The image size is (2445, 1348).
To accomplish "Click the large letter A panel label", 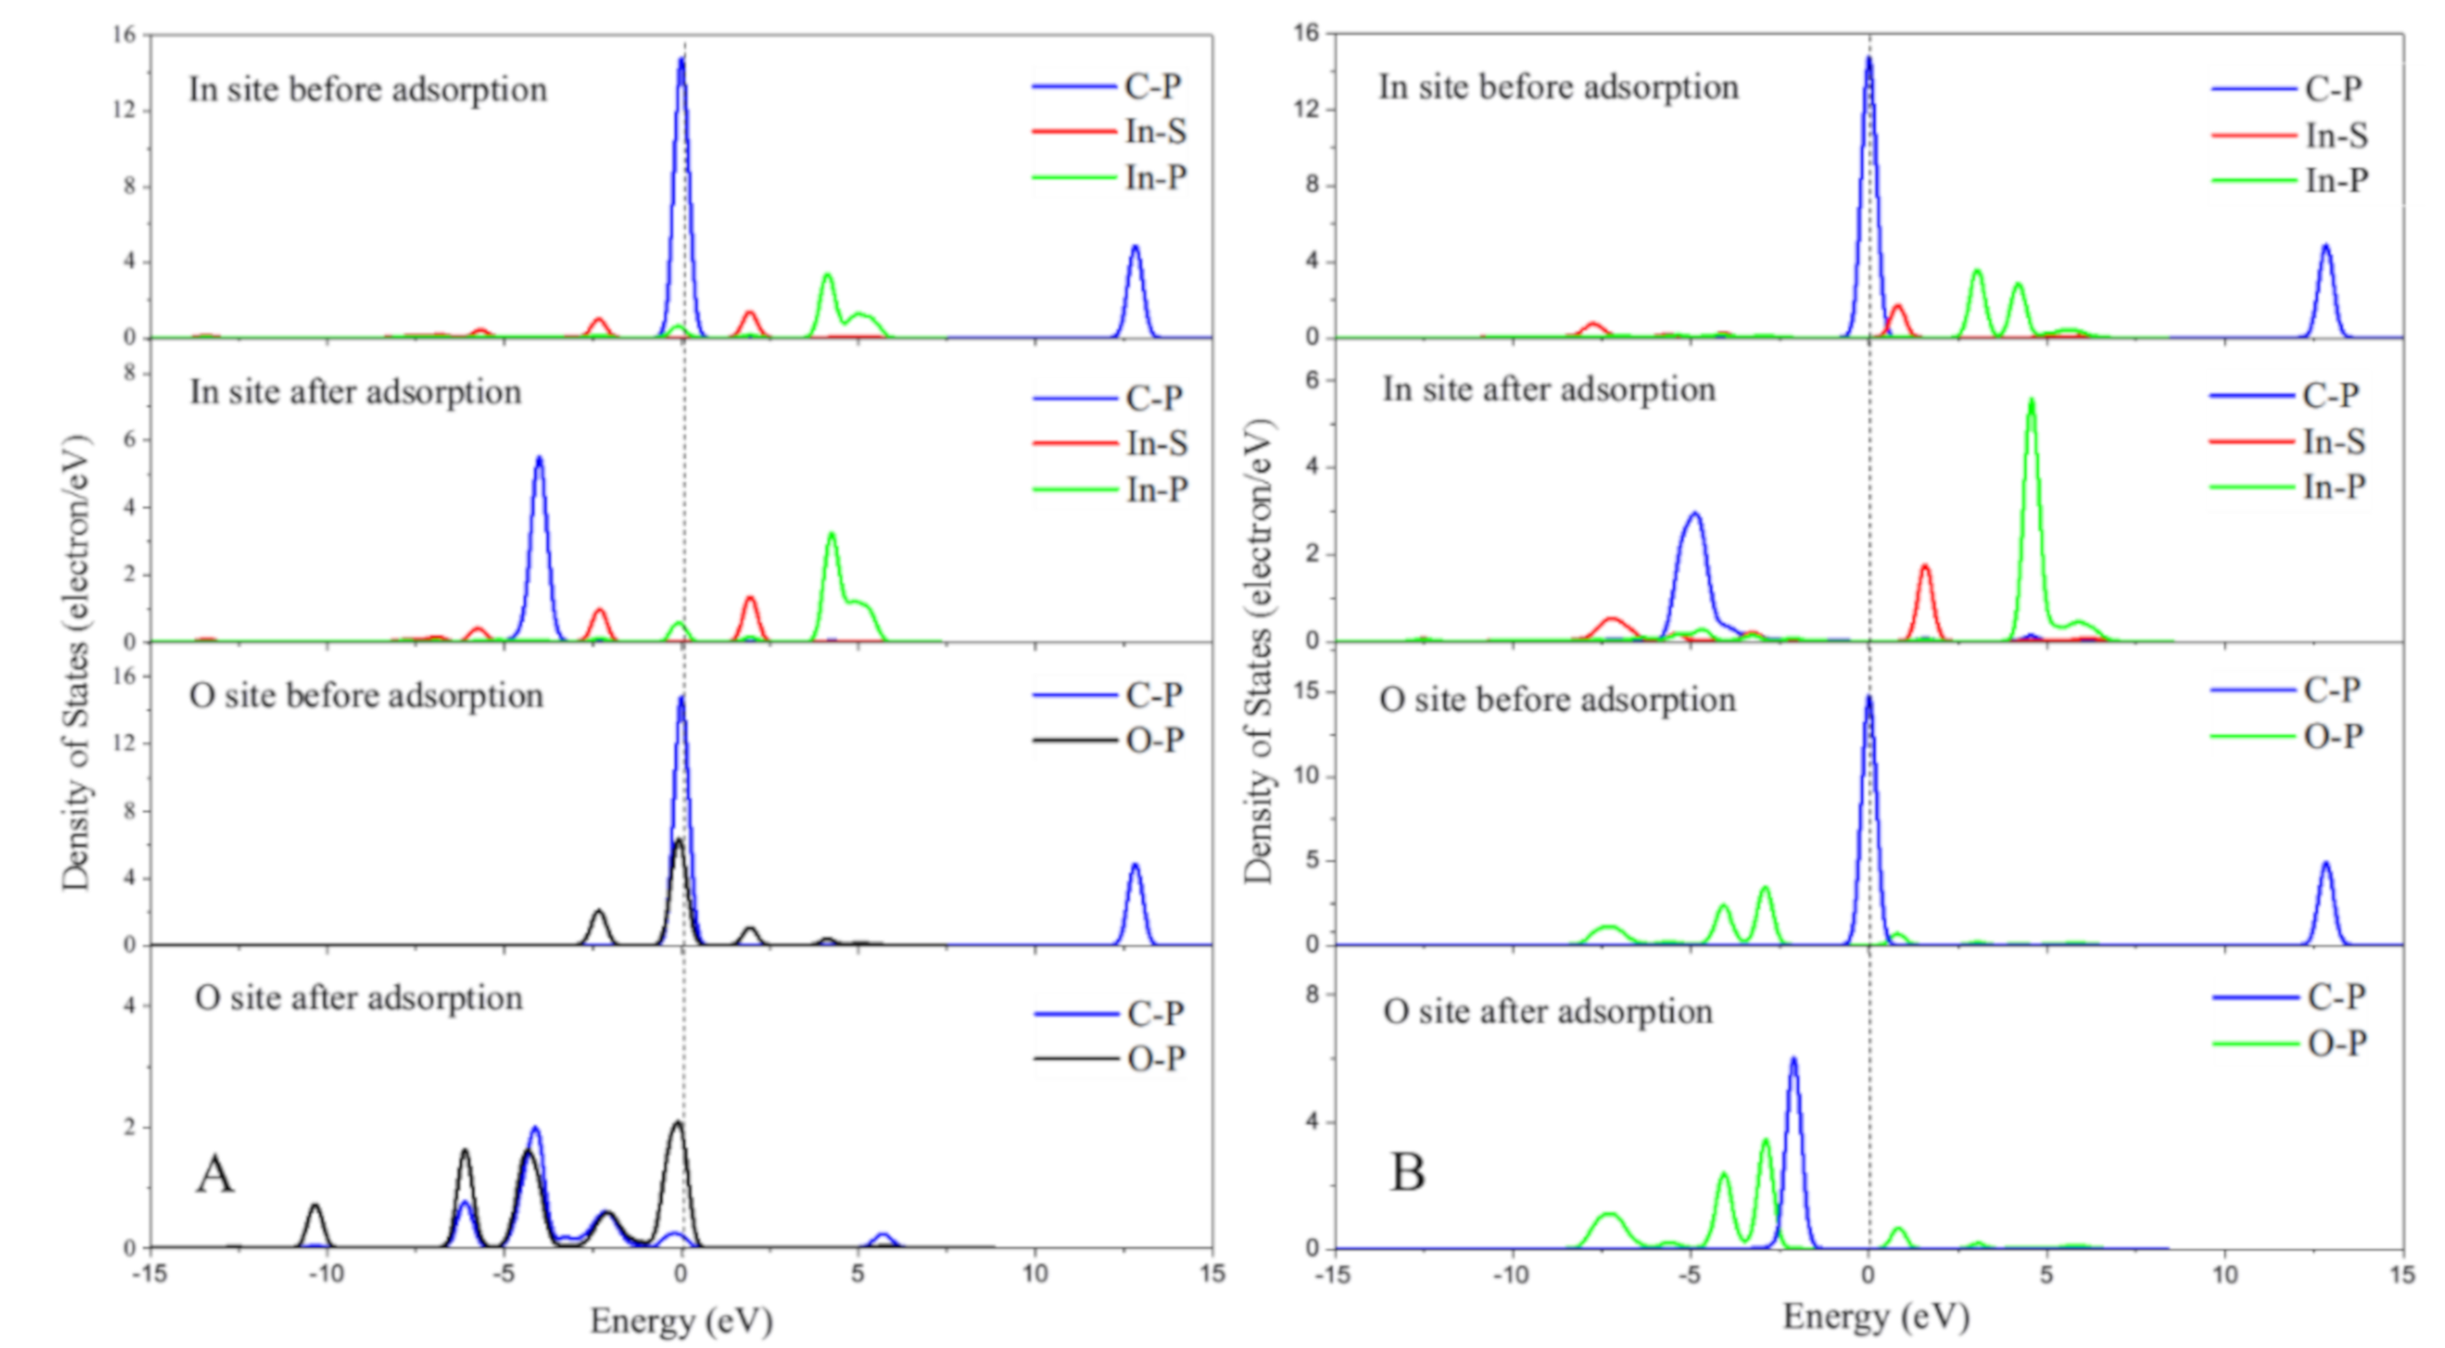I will tap(215, 1174).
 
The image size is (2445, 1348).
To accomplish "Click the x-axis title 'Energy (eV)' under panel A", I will tap(681, 1320).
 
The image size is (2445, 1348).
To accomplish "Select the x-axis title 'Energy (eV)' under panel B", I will tap(1877, 1317).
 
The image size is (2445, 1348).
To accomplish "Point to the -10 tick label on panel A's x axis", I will tap(326, 1273).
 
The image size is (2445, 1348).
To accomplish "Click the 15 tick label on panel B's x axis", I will tap(2402, 1273).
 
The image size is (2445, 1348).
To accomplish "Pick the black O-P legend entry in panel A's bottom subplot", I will tap(1155, 1059).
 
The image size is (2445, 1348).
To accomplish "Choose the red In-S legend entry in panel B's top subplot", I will tap(2336, 135).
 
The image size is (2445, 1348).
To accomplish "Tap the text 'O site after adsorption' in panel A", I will tap(359, 999).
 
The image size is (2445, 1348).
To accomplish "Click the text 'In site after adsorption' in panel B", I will tap(1549, 390).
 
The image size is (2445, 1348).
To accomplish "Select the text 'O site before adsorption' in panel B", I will tap(1558, 700).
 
